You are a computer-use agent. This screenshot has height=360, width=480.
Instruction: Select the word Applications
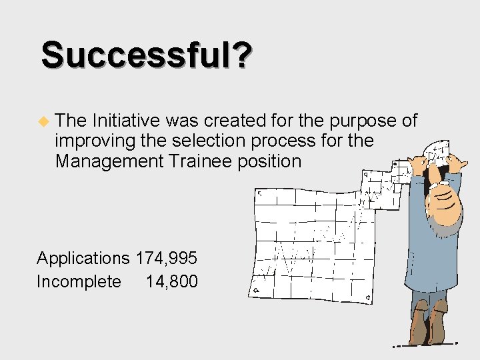[83, 258]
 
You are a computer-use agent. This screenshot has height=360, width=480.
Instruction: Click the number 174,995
[167, 258]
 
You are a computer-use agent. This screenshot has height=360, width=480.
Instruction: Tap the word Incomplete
[79, 281]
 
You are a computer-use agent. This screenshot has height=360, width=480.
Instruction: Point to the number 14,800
[171, 281]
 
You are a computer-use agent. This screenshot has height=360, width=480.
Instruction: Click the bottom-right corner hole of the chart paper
[369, 298]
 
